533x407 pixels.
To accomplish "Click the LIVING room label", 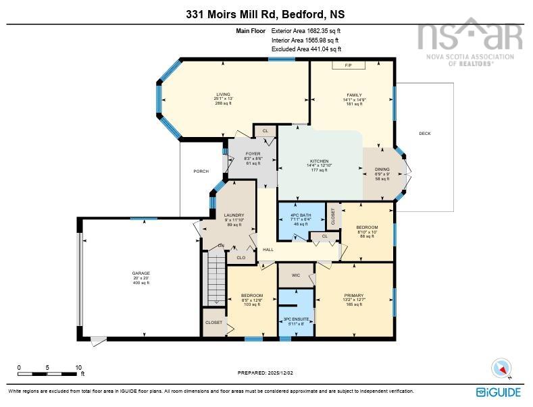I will (x=223, y=94).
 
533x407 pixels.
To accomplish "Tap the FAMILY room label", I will (x=354, y=95).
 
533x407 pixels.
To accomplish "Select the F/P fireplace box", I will (x=349, y=65).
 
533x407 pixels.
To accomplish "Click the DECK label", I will (x=424, y=134).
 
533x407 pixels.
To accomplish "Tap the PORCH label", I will (x=201, y=171).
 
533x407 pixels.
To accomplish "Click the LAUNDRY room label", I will (x=234, y=215).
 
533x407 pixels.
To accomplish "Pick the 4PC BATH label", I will (x=301, y=215).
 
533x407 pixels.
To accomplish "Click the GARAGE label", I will (x=141, y=273).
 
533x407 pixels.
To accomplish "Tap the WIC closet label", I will (x=296, y=275).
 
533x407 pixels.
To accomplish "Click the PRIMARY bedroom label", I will (x=354, y=296).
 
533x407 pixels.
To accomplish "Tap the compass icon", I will (x=501, y=368).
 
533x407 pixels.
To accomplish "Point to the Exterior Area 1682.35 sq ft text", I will (x=306, y=30).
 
